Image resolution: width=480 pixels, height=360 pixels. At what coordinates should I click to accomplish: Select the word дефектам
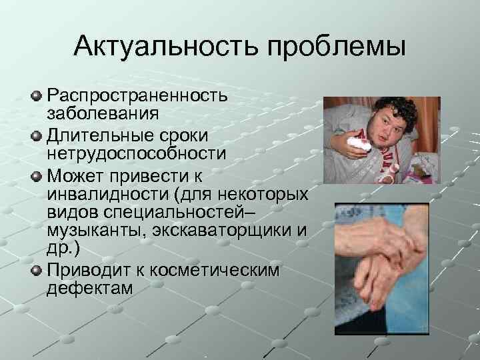(89, 289)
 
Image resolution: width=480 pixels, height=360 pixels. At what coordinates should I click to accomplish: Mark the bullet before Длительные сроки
(37, 135)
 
